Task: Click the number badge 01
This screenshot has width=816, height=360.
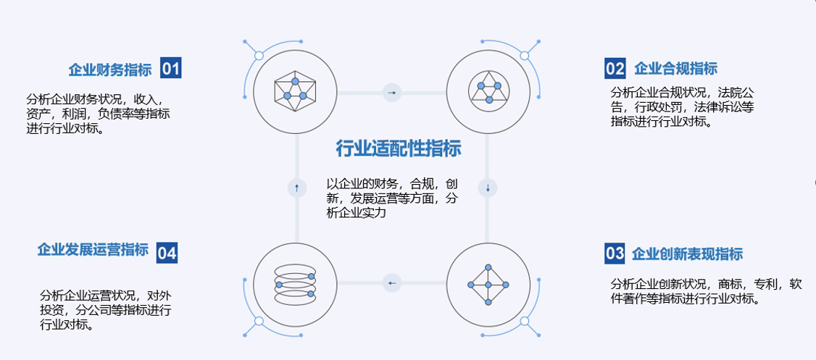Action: click(x=170, y=69)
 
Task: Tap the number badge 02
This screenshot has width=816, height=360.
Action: click(x=615, y=69)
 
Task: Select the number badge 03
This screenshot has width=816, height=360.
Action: click(x=615, y=254)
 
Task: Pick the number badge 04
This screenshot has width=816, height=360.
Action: click(x=167, y=253)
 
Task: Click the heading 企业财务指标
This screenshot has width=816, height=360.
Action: click(x=110, y=70)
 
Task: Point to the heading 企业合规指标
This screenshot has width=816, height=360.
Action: click(x=675, y=69)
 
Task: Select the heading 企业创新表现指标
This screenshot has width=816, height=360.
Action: click(x=687, y=254)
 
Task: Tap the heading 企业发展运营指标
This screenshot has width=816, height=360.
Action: click(x=93, y=250)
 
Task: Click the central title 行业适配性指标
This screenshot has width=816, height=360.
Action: click(x=399, y=149)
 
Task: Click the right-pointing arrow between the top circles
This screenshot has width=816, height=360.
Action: click(x=392, y=93)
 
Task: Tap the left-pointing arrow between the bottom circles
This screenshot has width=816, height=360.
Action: click(x=392, y=282)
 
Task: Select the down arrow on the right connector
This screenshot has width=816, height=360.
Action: click(x=488, y=188)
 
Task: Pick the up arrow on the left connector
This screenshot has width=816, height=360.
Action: click(x=296, y=188)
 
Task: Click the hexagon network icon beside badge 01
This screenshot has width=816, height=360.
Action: click(x=295, y=91)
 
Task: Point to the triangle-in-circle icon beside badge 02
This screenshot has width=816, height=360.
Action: click(x=488, y=91)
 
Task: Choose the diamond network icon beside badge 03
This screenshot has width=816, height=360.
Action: click(x=488, y=283)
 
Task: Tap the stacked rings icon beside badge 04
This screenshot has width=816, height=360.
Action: click(x=295, y=283)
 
